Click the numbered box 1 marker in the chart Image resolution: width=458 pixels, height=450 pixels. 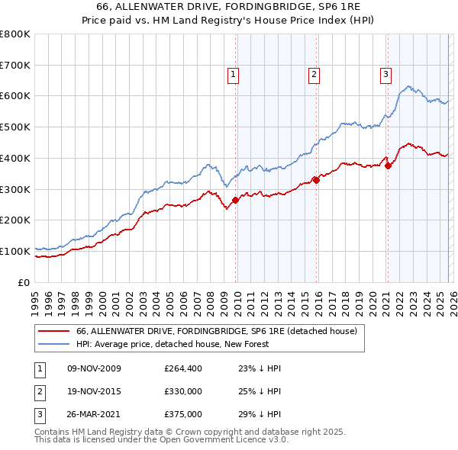point(233,74)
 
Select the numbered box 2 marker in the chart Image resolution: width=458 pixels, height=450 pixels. point(314,74)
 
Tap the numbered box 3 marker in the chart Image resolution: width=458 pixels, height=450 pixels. point(385,74)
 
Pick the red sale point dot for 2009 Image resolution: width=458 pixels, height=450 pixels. point(235,200)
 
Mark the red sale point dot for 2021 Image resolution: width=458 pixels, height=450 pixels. point(388,165)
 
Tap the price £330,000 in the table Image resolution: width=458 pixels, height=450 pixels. point(183,391)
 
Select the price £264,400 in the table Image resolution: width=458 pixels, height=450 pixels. point(183,368)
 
